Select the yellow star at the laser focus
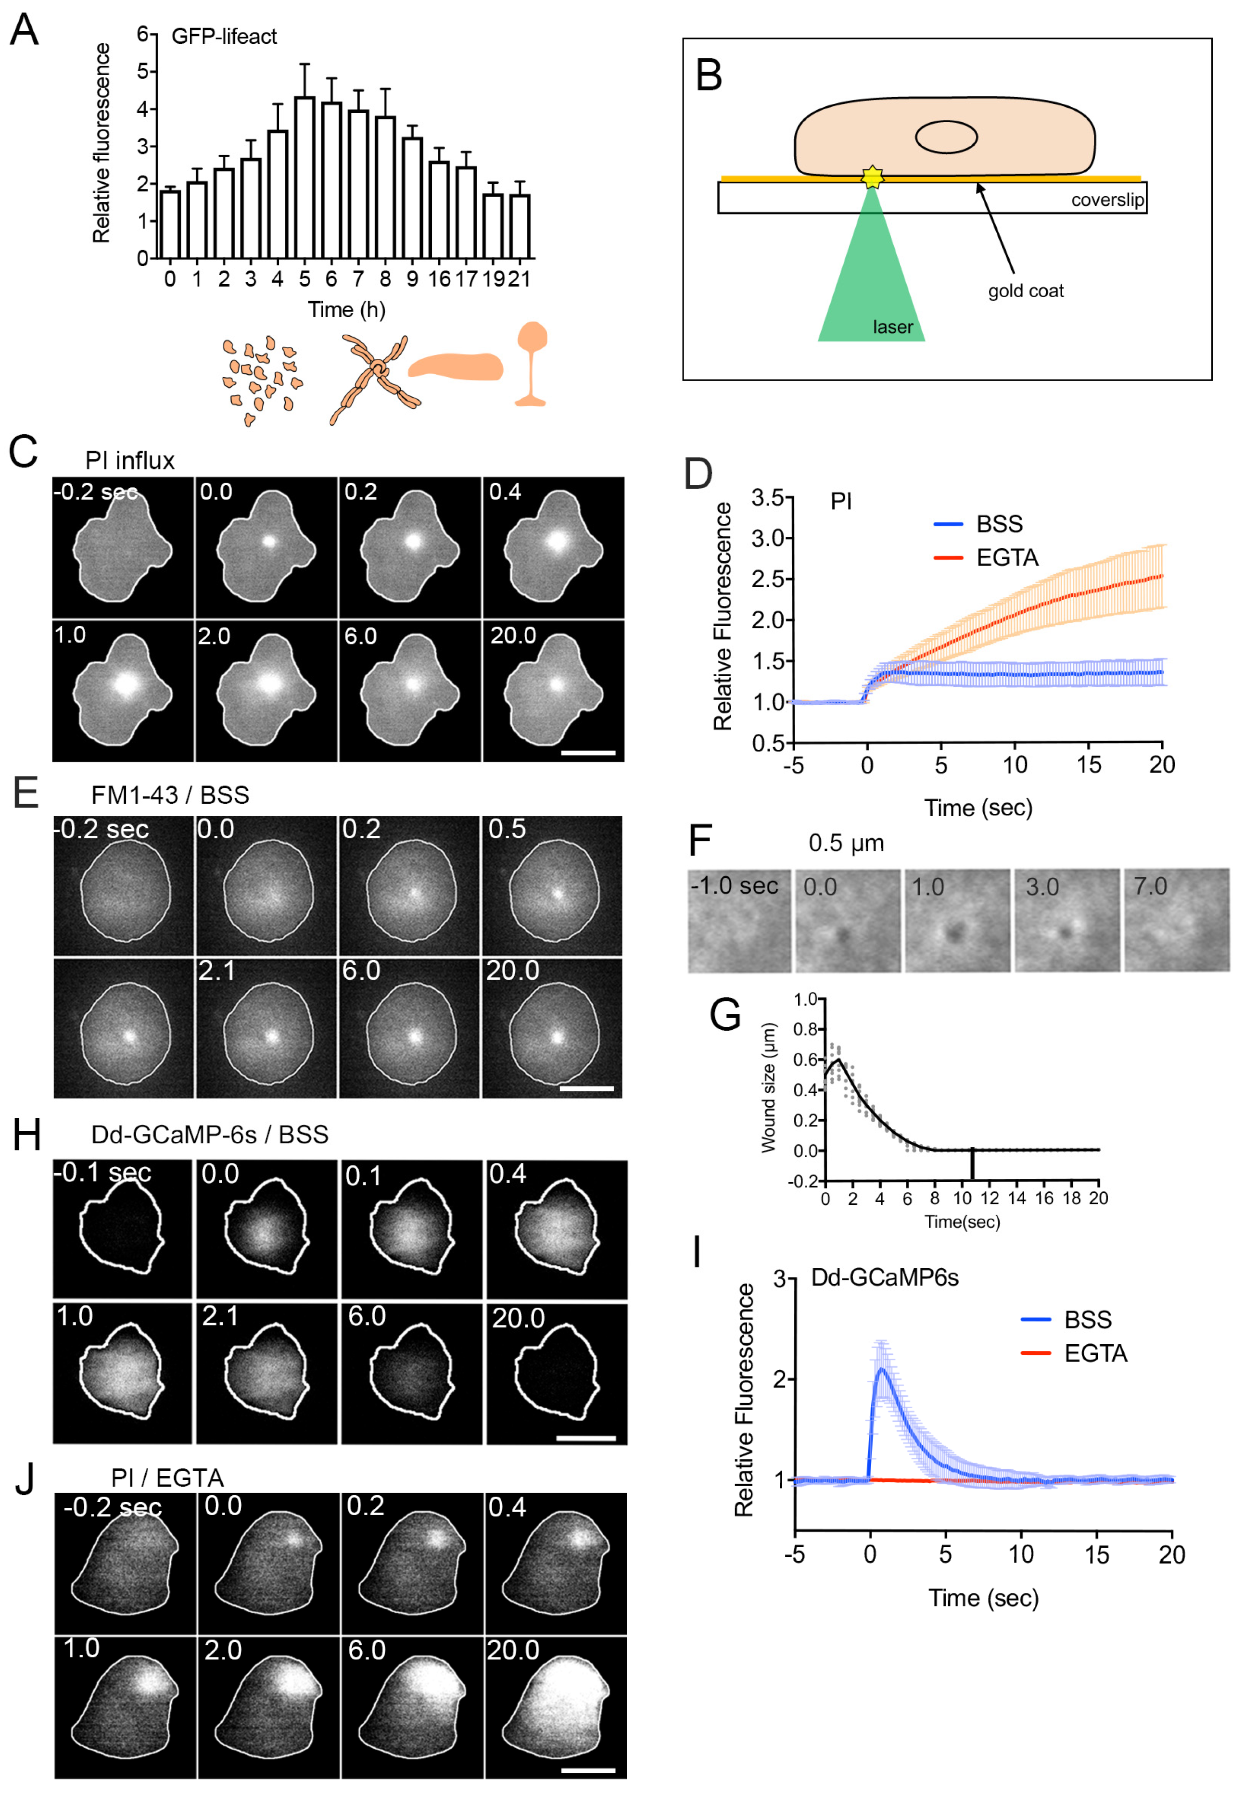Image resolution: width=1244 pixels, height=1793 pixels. (872, 177)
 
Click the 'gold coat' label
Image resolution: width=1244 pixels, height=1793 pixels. (1025, 291)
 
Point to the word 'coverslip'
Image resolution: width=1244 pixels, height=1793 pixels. (1107, 200)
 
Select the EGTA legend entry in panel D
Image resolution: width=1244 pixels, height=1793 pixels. (987, 558)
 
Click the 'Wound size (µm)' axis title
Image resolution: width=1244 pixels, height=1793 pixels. (769, 1088)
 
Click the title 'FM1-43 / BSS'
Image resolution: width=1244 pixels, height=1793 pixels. (170, 795)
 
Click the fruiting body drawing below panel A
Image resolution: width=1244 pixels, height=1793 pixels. (532, 364)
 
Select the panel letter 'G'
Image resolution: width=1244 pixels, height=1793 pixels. (725, 1015)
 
